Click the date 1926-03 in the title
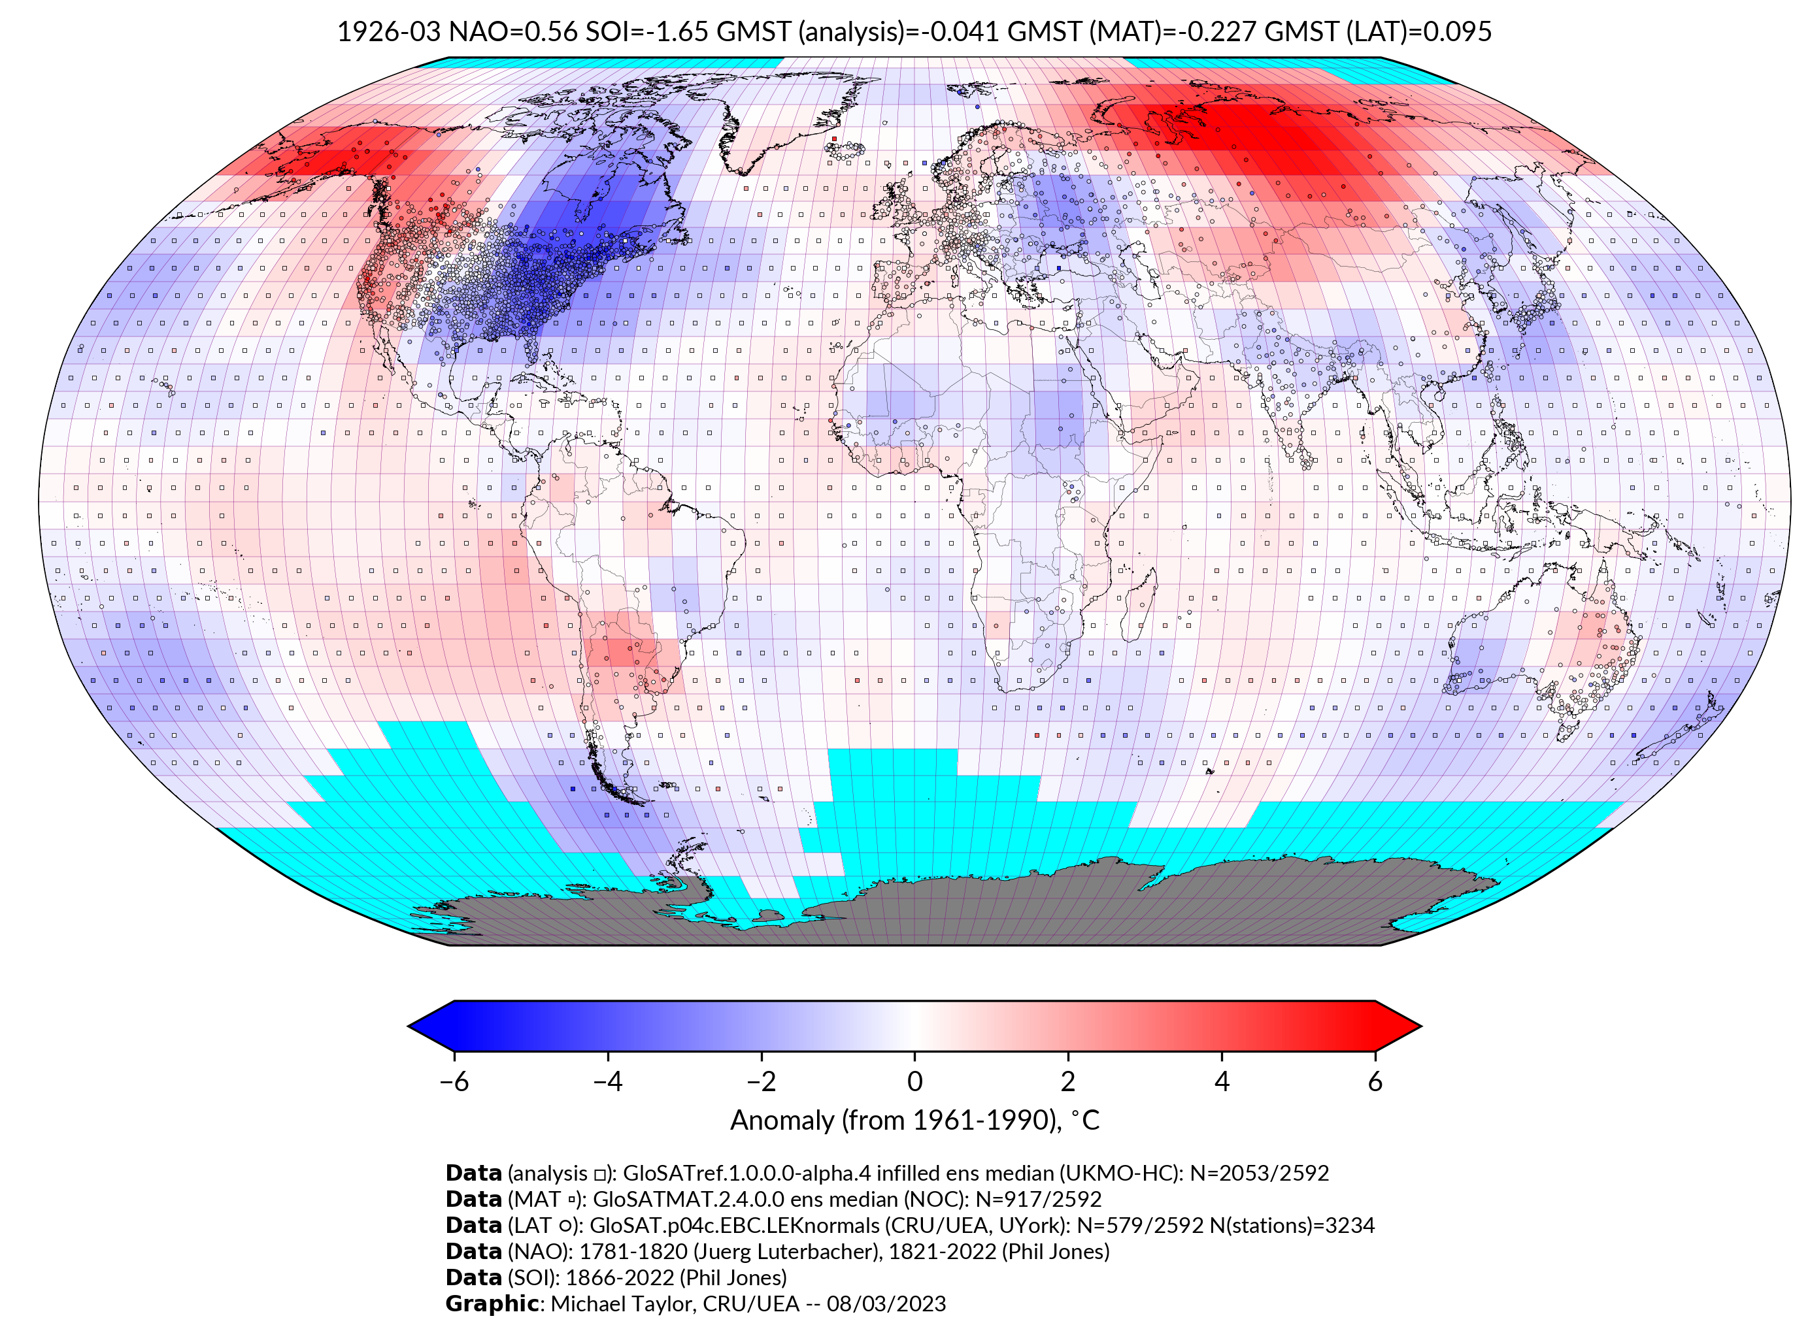(x=388, y=32)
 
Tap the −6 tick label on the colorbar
(x=453, y=1081)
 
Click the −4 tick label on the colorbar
(x=607, y=1081)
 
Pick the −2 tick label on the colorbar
(x=761, y=1081)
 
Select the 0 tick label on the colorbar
(x=914, y=1081)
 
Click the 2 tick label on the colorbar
(x=1068, y=1081)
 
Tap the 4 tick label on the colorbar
(x=1222, y=1081)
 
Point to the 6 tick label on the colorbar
(x=1375, y=1081)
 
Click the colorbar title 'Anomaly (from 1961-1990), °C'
(x=914, y=1121)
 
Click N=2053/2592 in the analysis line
(x=1259, y=1173)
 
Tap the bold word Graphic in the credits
(x=492, y=1303)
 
